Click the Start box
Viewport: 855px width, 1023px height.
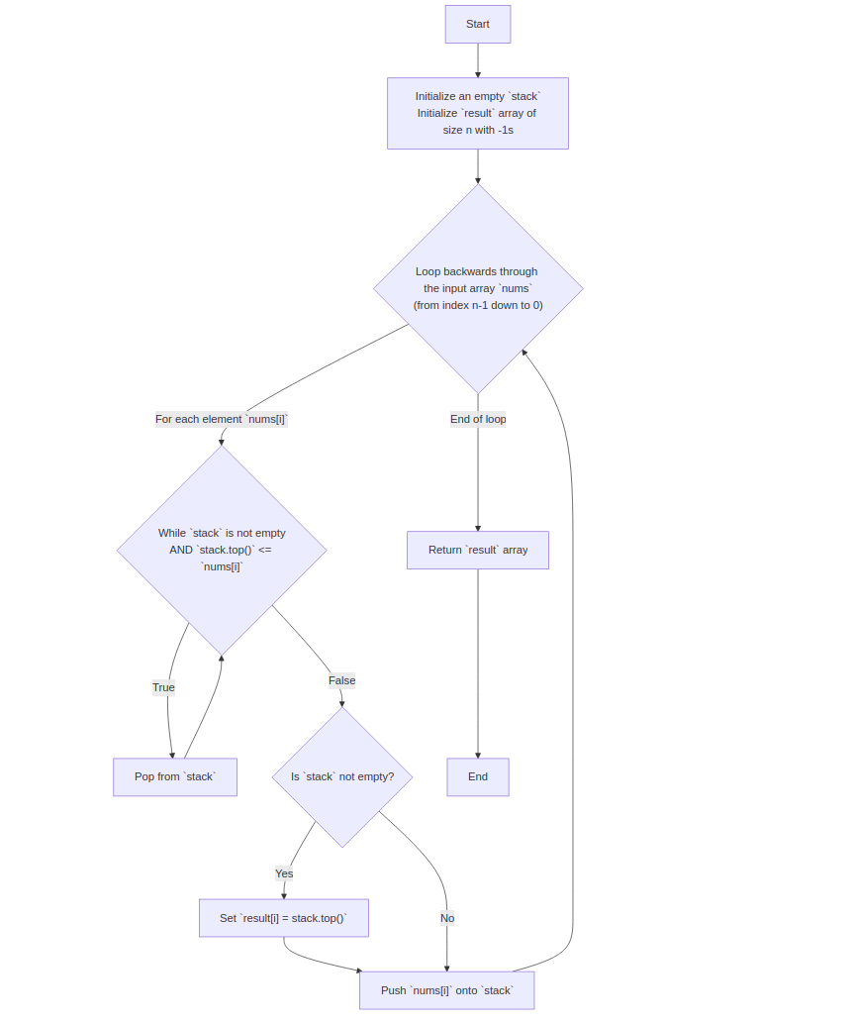[x=478, y=24]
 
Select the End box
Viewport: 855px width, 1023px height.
[x=478, y=776]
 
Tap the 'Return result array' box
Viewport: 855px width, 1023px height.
[x=478, y=550]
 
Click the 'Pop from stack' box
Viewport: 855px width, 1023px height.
[x=175, y=776]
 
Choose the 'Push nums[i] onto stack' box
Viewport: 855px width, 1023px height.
[x=446, y=990]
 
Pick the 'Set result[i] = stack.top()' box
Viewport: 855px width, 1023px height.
[x=284, y=918]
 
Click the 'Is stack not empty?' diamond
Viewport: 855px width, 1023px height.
[x=342, y=776]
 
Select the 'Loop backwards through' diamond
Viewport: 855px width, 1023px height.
[x=478, y=288]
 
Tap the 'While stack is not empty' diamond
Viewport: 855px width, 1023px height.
[x=222, y=550]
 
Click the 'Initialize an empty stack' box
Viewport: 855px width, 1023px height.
[x=478, y=113]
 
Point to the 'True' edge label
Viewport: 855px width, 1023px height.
[x=163, y=687]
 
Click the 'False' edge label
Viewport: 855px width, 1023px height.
[x=342, y=680]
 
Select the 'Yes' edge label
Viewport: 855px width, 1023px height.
[x=284, y=873]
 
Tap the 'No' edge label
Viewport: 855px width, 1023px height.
[x=447, y=918]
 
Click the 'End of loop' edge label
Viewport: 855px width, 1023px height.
[x=478, y=419]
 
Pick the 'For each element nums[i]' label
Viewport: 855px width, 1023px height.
[x=222, y=419]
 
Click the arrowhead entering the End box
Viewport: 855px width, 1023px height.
[x=478, y=755]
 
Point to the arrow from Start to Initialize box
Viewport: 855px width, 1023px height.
[x=478, y=59]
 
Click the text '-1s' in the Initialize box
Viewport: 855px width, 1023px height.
[x=505, y=130]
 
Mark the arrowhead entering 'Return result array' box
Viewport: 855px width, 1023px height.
[x=478, y=528]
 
